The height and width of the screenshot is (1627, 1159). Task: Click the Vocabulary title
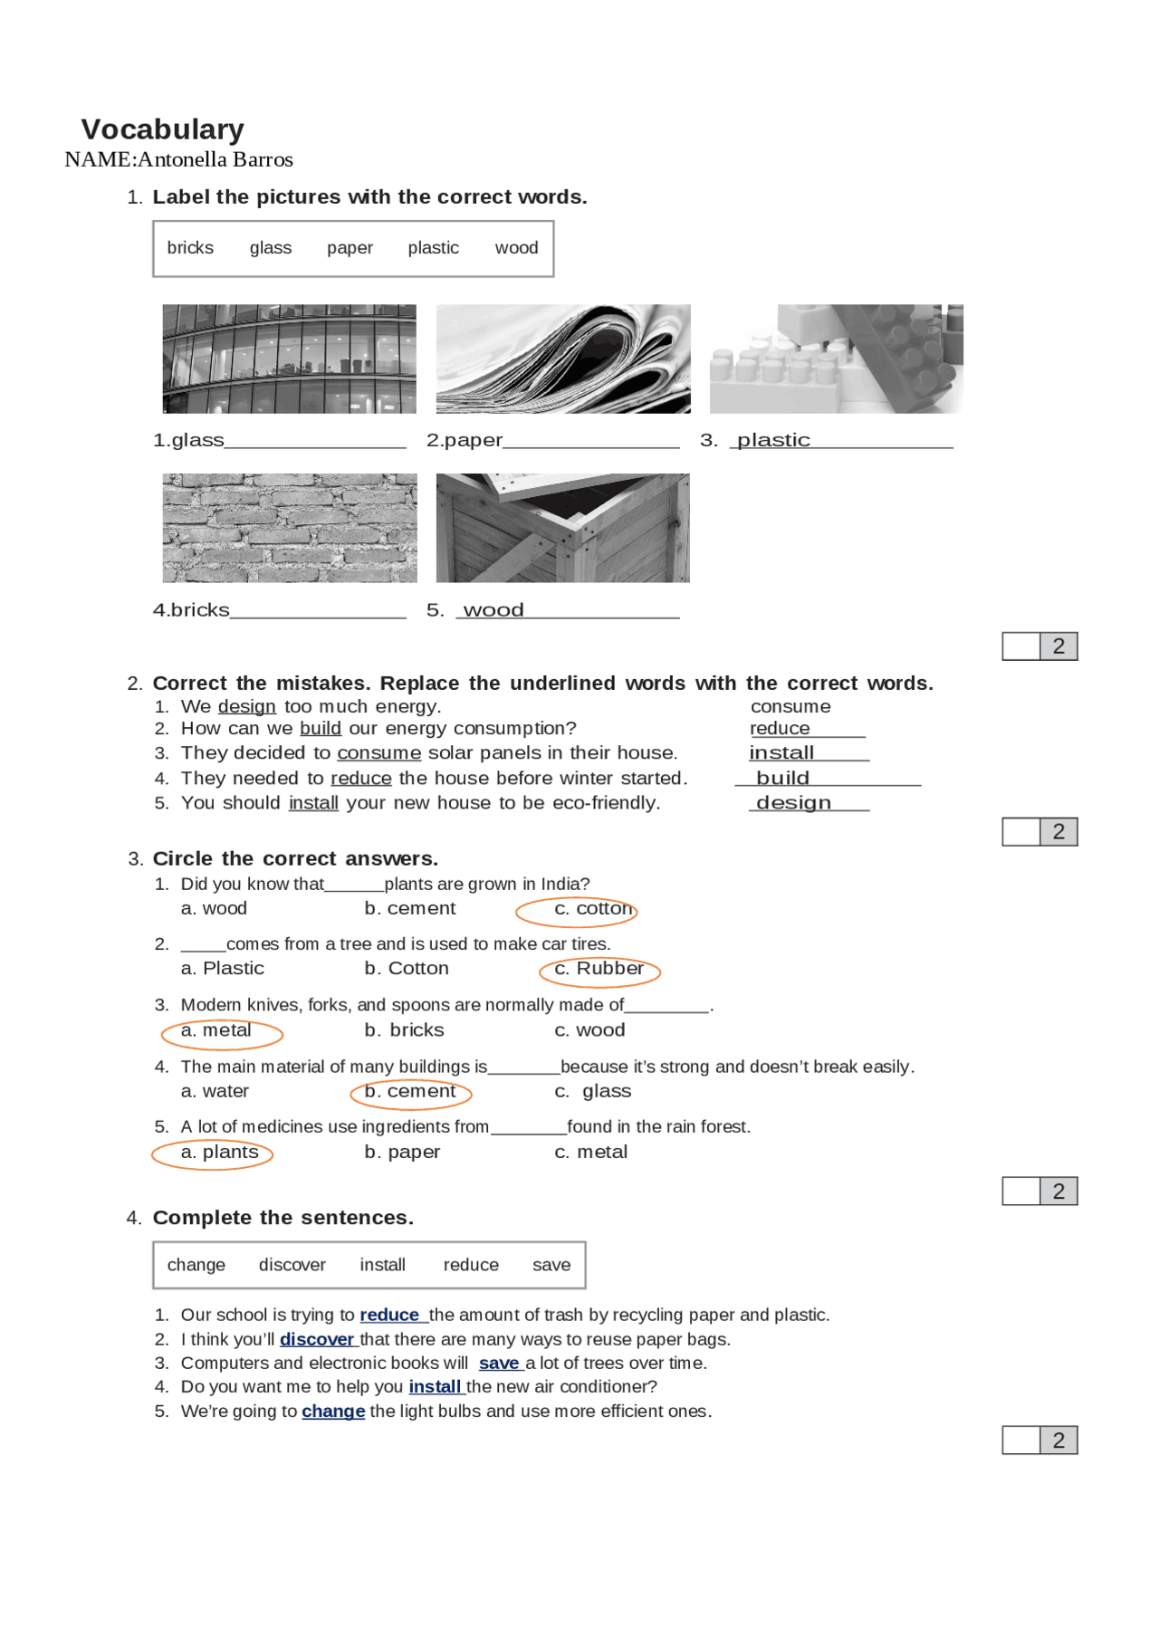(163, 129)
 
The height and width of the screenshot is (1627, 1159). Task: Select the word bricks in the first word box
(190, 248)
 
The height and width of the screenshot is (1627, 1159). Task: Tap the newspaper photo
(562, 359)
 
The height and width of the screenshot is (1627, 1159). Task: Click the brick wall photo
(290, 528)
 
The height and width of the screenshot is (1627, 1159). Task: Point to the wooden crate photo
(562, 528)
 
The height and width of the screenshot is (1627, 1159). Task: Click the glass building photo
(290, 359)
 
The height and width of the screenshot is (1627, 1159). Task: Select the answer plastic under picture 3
(773, 440)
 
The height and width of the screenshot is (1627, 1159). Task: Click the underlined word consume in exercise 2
(378, 753)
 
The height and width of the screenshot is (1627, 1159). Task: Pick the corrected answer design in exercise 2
(793, 803)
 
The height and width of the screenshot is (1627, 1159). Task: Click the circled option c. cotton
(593, 909)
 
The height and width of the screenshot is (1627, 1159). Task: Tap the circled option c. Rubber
(599, 969)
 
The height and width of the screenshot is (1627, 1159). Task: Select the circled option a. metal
(216, 1030)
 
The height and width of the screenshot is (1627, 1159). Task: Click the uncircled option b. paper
(402, 1153)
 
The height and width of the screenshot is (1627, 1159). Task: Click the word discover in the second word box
(292, 1265)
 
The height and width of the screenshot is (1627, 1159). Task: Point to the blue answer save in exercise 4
(499, 1364)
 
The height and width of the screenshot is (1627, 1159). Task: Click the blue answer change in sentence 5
(333, 1412)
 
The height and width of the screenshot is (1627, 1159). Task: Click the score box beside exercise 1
(1039, 646)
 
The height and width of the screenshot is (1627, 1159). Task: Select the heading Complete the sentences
(283, 1218)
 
